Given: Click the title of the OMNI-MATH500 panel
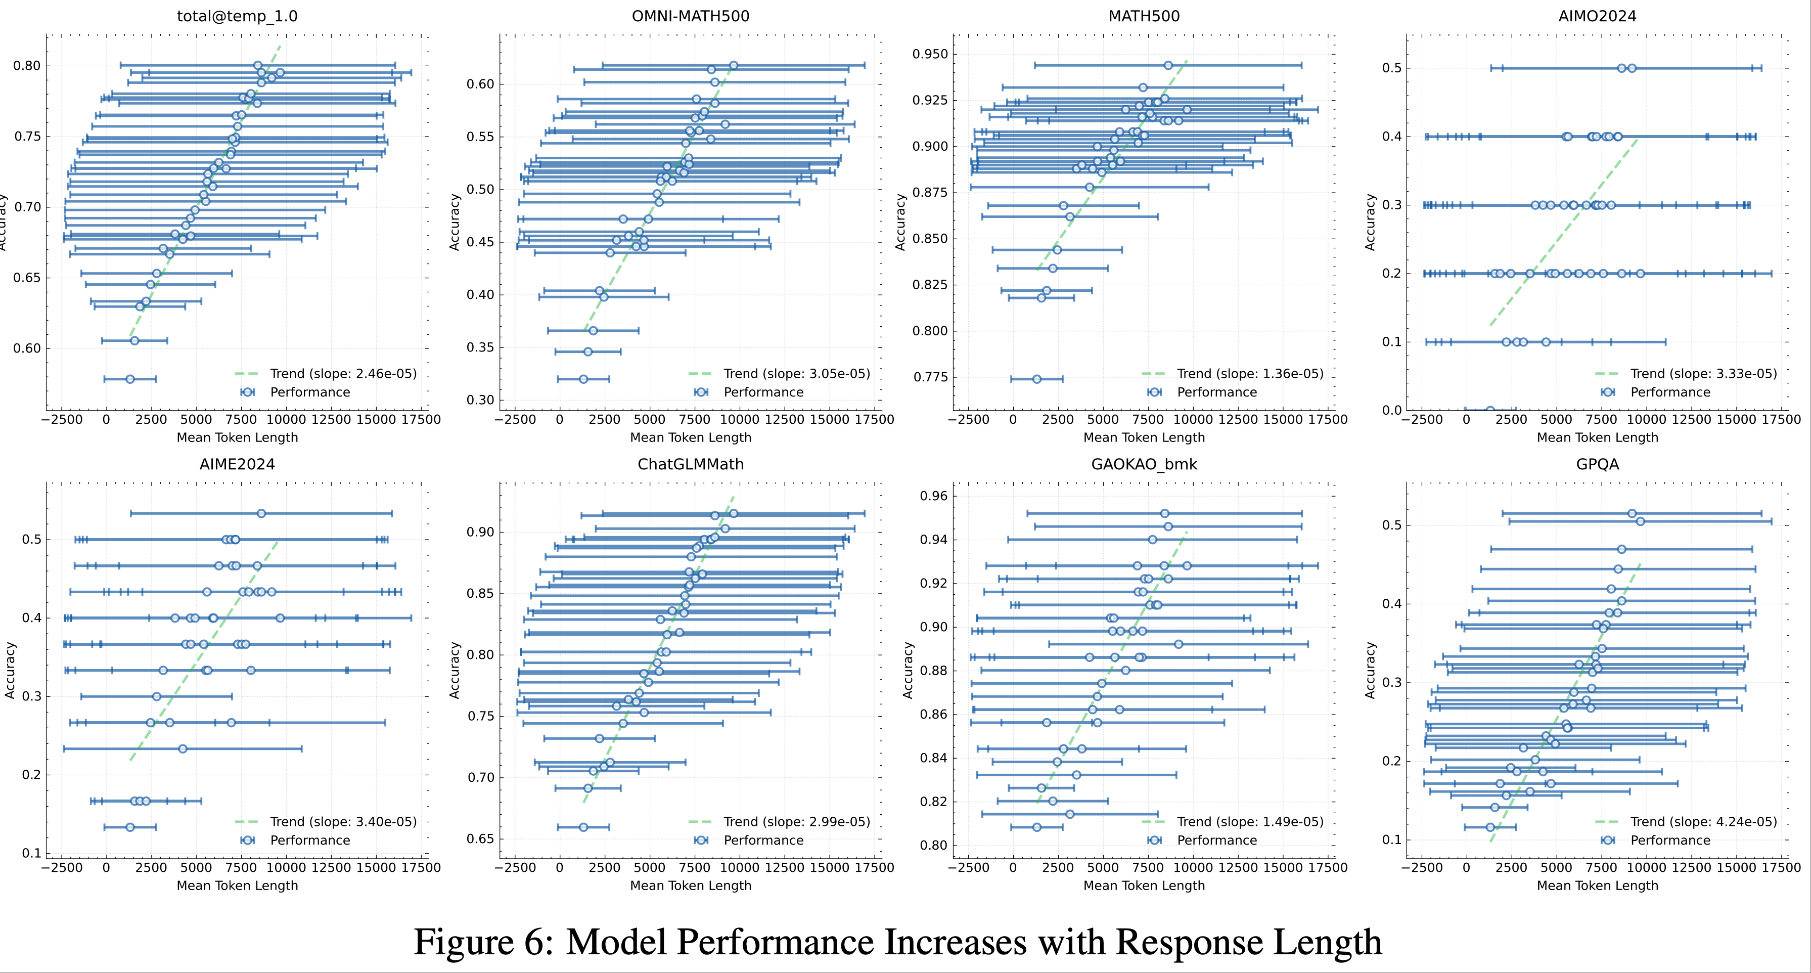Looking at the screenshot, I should [690, 16].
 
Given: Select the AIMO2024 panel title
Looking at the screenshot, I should [1597, 16].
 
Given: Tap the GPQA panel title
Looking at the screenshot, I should [1597, 464].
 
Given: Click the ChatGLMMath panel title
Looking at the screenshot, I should [690, 464].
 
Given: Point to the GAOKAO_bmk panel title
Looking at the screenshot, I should [1144, 464].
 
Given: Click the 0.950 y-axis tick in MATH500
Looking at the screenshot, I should [930, 54].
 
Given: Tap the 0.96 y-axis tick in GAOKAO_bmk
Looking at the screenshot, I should [934, 496].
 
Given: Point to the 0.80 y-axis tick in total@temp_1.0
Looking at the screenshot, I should [27, 66].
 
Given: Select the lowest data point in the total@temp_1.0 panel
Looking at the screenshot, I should [130, 379].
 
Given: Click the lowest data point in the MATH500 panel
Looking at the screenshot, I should [1036, 379].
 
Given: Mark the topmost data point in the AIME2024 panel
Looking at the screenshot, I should [261, 513].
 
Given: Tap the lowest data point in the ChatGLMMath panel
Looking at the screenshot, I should [583, 827].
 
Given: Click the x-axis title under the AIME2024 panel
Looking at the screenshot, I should [237, 885].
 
